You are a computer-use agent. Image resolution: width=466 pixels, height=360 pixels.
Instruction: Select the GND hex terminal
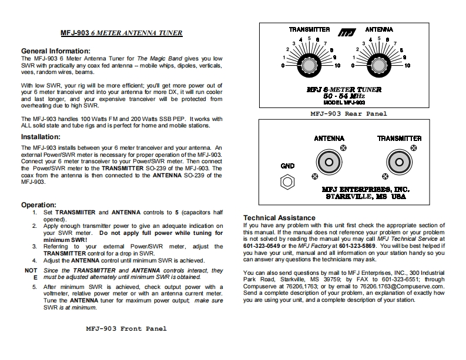[287, 182]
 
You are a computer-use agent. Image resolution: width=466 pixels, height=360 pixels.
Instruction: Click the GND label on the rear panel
[287, 166]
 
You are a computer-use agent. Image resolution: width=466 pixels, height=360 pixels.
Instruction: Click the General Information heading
[56, 51]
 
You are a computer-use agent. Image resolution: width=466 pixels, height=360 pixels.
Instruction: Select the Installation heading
[45, 137]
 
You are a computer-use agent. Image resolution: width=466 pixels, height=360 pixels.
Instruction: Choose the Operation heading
[39, 204]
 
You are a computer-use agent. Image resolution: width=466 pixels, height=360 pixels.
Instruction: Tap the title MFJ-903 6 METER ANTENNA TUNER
[122, 33]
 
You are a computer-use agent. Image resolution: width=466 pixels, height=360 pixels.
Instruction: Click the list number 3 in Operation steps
[35, 246]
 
